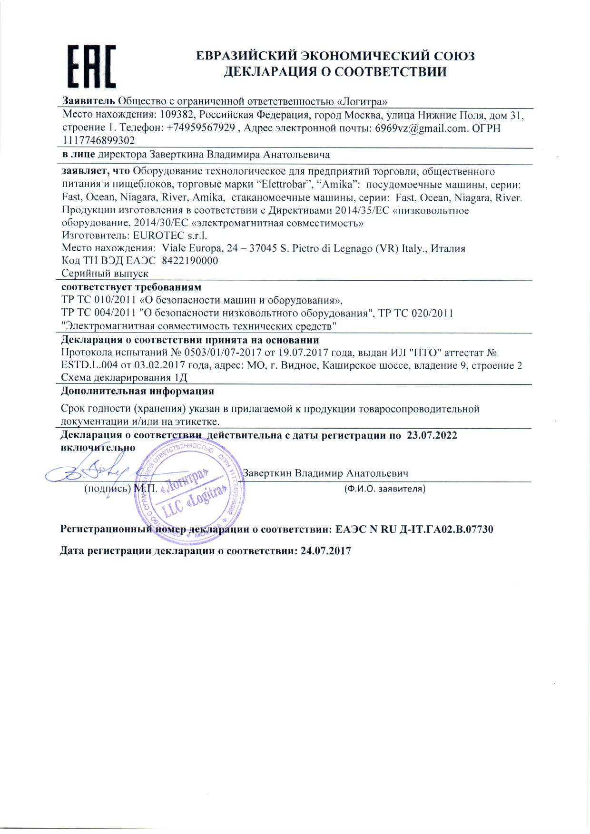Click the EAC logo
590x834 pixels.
click(x=92, y=66)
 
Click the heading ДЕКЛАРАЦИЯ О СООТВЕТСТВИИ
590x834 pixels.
click(x=335, y=72)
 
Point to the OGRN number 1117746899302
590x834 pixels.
click(x=98, y=141)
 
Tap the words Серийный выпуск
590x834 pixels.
click(x=105, y=274)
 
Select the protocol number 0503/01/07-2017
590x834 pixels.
click(x=218, y=353)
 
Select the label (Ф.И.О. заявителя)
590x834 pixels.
click(x=384, y=489)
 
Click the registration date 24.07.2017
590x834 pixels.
click(x=326, y=551)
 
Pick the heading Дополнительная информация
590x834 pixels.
click(x=138, y=392)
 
